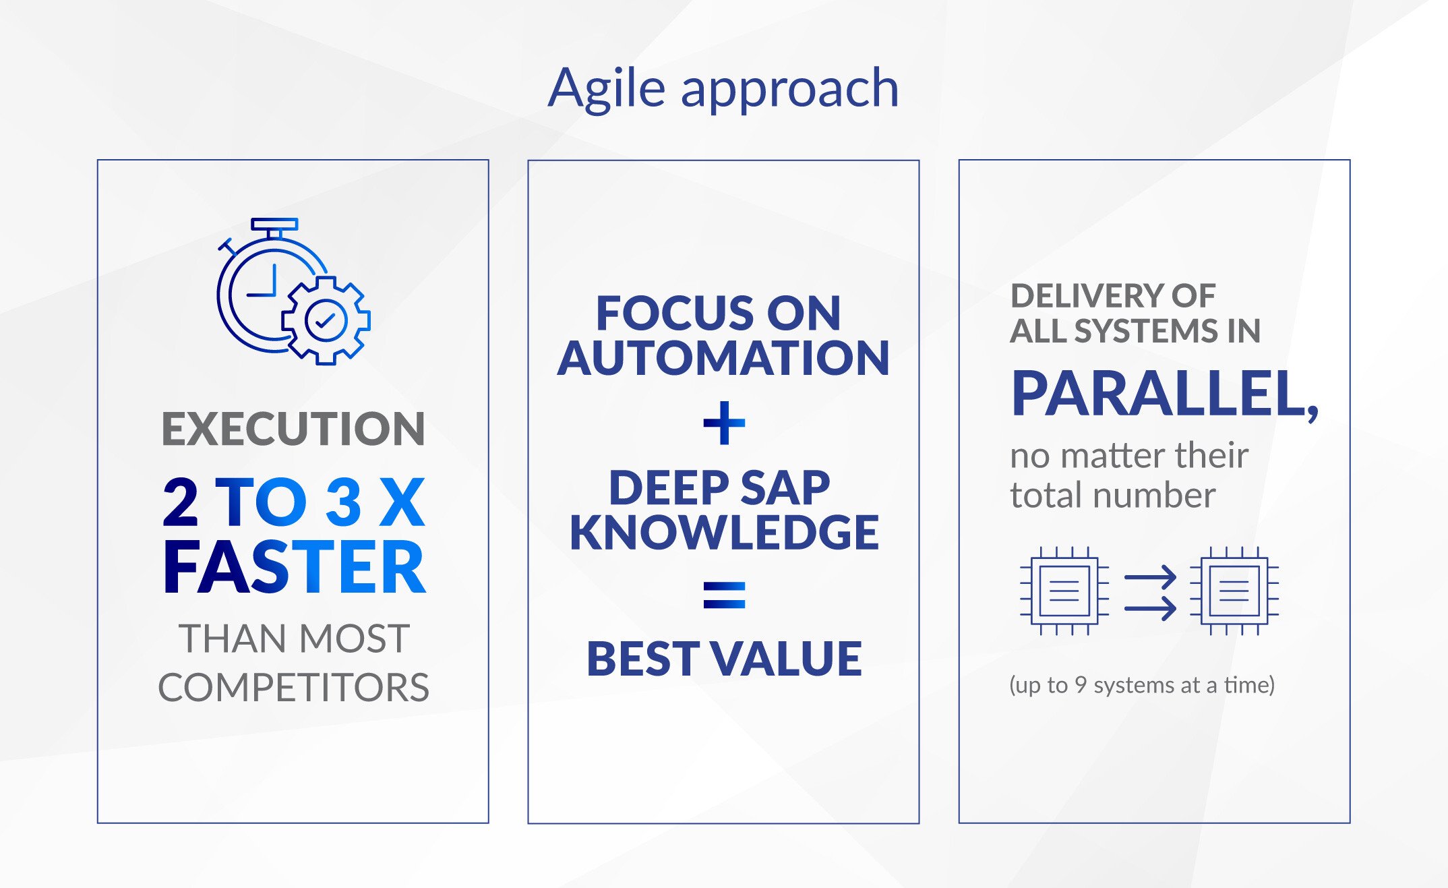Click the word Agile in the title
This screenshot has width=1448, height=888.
607,90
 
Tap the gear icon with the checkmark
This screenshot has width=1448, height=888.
326,320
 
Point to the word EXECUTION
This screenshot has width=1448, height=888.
293,429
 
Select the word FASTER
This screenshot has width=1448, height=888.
295,568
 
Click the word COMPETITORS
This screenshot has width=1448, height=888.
293,688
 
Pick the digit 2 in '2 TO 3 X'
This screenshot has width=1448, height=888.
181,502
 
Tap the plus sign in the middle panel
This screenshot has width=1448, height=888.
724,423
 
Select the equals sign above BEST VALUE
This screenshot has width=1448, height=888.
724,595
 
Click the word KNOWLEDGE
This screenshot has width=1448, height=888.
724,533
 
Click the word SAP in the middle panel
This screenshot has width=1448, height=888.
785,487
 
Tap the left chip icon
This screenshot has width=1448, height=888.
1064,591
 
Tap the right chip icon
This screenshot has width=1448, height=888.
1234,591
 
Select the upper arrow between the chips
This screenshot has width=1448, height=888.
1150,576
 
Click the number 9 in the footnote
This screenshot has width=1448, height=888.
1081,684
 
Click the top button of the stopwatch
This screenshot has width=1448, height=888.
274,224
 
